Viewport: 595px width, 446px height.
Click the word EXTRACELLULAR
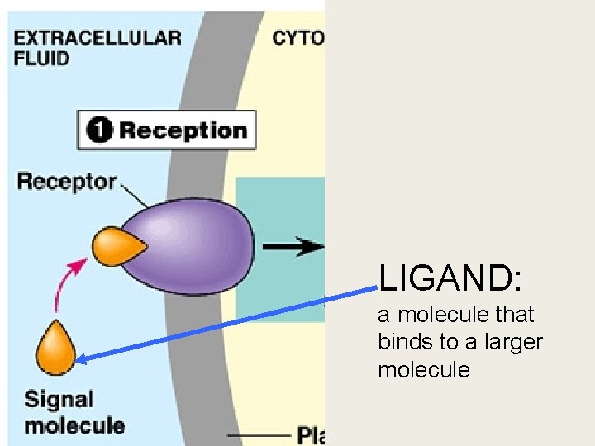98,37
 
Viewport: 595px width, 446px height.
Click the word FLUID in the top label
41,59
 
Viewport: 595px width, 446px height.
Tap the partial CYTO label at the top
297,37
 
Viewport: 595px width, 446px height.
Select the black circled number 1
100,130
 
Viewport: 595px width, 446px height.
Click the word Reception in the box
183,130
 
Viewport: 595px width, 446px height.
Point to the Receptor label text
66,181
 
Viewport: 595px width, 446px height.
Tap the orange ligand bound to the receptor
117,246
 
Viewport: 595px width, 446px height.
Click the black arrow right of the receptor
293,246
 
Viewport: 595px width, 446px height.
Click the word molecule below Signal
74,426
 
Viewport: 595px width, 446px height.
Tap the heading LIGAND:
450,279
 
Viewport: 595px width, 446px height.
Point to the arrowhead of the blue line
83,357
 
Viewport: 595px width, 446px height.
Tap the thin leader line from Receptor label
134,195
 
